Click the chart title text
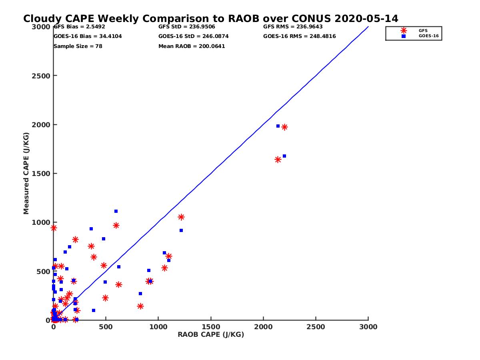pyautogui.click(x=210, y=19)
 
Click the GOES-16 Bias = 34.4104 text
pyautogui.click(x=88, y=36)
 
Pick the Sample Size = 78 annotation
pyautogui.click(x=78, y=46)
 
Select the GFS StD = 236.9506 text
pyautogui.click(x=187, y=27)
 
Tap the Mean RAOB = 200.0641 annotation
pyautogui.click(x=192, y=46)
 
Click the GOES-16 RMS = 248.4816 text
pyautogui.click(x=299, y=36)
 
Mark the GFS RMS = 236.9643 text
pyautogui.click(x=293, y=27)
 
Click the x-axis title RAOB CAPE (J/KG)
pyautogui.click(x=211, y=335)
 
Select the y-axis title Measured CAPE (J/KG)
pyautogui.click(x=26, y=173)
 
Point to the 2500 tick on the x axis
pyautogui.click(x=316, y=327)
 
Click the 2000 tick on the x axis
pyautogui.click(x=263, y=327)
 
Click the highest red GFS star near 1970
pyautogui.click(x=284, y=127)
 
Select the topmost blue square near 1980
pyautogui.click(x=278, y=126)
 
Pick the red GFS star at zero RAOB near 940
pyautogui.click(x=54, y=228)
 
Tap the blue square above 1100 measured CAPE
pyautogui.click(x=116, y=211)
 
